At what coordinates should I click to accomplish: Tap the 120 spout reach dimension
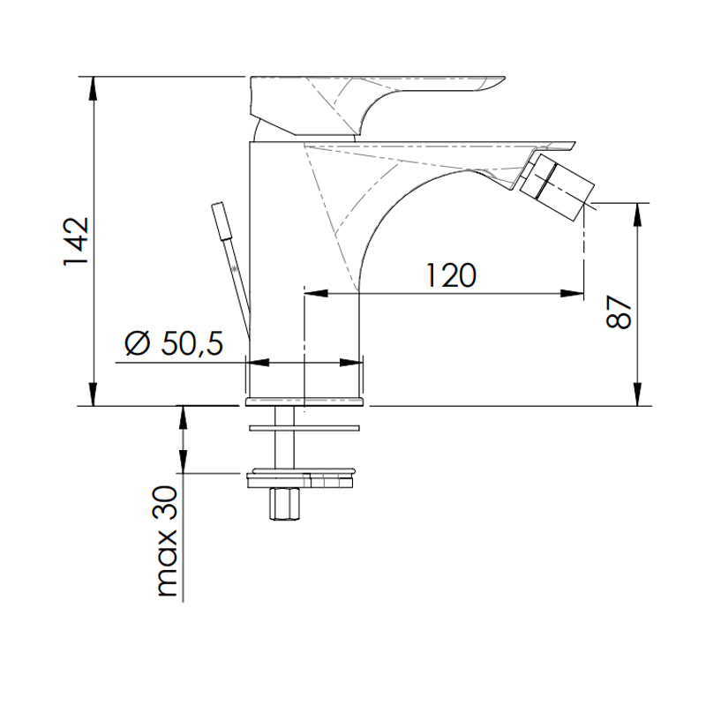[x=451, y=275]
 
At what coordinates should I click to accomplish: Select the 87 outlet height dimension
[x=620, y=312]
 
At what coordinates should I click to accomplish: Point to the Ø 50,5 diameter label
[x=173, y=342]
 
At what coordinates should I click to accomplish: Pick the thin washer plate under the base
[x=304, y=427]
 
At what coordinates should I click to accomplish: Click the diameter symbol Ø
[x=137, y=342]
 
